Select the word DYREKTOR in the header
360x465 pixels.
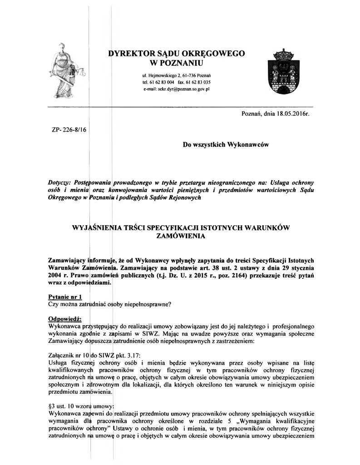tap(134, 53)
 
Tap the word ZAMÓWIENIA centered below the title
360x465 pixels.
tap(181, 236)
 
